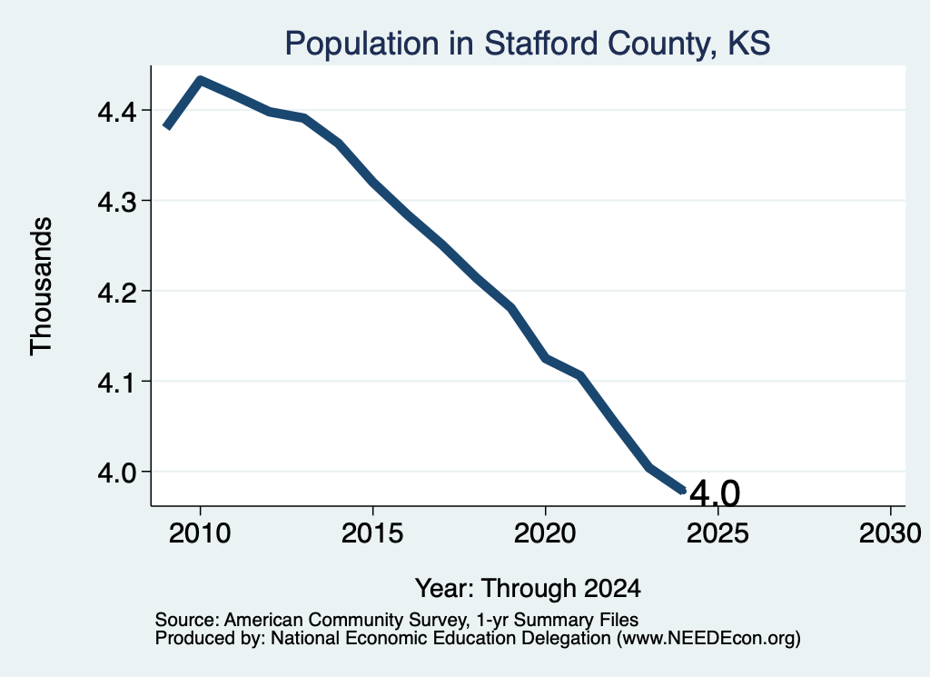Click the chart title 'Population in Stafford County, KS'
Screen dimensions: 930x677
pos(528,44)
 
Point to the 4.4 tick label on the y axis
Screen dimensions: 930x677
pos(117,111)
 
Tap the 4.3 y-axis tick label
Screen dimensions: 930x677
pos(117,202)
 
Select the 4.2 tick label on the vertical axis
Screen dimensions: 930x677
pos(117,292)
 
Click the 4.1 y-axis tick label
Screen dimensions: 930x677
pos(117,382)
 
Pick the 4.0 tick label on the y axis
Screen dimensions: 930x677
pos(117,473)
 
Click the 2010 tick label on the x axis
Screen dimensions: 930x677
pos(200,533)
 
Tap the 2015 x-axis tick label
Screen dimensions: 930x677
pos(372,533)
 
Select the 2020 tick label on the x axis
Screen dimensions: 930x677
pos(545,533)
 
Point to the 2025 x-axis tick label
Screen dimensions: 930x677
pos(717,533)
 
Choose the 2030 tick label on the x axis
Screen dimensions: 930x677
pos(890,533)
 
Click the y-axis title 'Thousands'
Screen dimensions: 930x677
pos(42,286)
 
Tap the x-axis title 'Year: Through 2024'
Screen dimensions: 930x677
pos(528,588)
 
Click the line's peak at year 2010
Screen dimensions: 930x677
pos(201,80)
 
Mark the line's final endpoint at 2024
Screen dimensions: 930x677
pos(683,490)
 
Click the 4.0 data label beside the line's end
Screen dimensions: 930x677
pos(716,493)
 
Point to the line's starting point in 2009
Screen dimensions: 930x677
pos(167,126)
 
